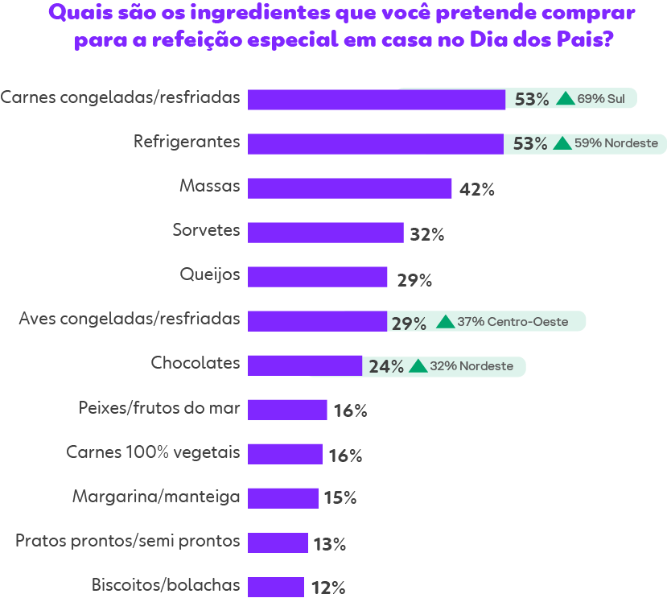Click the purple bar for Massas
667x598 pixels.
[349, 188]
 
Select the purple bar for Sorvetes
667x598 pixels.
[325, 233]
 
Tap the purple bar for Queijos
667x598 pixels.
[317, 277]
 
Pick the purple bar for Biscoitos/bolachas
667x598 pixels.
[275, 587]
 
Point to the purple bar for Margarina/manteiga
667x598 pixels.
[282, 498]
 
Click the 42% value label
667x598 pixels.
[476, 190]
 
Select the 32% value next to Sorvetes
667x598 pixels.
[426, 234]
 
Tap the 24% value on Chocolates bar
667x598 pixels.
[385, 367]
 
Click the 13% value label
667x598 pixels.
[329, 544]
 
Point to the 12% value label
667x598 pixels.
[327, 588]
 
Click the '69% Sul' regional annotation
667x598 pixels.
[600, 99]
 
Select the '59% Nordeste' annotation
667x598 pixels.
[616, 144]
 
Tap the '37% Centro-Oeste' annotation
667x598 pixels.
[513, 322]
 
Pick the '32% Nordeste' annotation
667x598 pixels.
[471, 366]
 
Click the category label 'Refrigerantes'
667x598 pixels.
[187, 142]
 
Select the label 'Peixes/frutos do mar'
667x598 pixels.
[159, 407]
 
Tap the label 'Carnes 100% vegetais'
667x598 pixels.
[153, 452]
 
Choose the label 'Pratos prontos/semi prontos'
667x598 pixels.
[127, 540]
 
